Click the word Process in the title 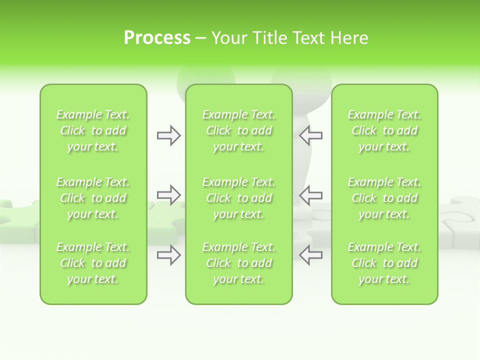click(x=157, y=38)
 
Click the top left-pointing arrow click(x=310, y=135)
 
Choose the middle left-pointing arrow click(x=310, y=195)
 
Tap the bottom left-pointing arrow click(x=310, y=255)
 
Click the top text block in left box click(x=93, y=130)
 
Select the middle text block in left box click(x=93, y=198)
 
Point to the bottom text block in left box click(x=93, y=263)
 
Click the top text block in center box click(x=239, y=130)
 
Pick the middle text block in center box click(x=239, y=198)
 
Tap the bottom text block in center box click(x=239, y=263)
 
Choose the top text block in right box click(x=384, y=130)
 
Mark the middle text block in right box click(x=384, y=198)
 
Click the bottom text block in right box click(x=384, y=263)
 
